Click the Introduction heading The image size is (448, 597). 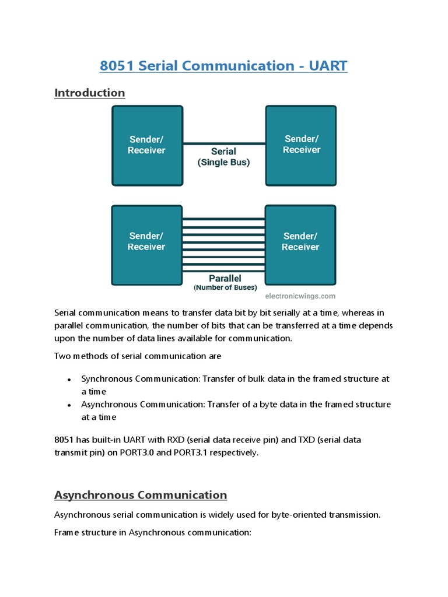tap(89, 93)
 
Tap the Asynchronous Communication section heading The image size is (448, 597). tap(141, 495)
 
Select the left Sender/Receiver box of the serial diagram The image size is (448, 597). tap(147, 145)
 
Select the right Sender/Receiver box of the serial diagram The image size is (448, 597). tap(301, 145)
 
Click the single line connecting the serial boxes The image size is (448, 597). tap(224, 143)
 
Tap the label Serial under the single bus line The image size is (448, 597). tap(223, 152)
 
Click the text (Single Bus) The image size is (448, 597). tap(223, 163)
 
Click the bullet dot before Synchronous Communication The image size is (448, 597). tap(69, 380)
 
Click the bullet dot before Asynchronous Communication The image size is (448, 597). tap(69, 405)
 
